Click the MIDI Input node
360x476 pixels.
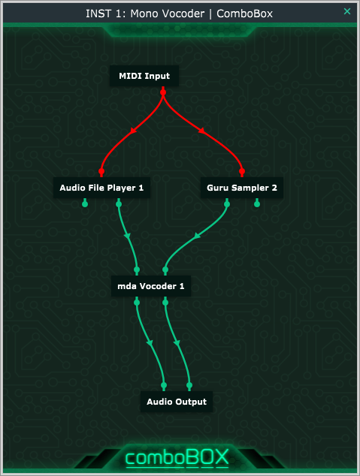click(144, 76)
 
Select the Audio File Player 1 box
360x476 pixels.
click(101, 188)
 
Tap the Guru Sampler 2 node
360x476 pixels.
click(242, 188)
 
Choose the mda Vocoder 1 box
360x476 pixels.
click(151, 286)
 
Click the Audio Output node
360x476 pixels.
click(177, 402)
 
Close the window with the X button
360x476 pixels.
click(347, 11)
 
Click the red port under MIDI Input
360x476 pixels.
click(163, 92)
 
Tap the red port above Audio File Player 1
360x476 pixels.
click(101, 171)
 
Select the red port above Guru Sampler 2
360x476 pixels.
click(242, 171)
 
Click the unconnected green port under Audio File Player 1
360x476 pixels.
click(85, 204)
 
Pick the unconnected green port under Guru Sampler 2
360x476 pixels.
click(257, 204)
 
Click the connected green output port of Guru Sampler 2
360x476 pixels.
click(227, 204)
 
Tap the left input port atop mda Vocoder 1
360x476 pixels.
click(137, 270)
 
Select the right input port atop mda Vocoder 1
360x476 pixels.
click(165, 270)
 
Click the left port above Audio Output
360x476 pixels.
click(164, 386)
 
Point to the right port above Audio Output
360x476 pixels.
click(189, 386)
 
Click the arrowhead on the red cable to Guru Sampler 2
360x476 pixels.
click(201, 131)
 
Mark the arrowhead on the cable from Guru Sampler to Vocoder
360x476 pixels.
click(198, 236)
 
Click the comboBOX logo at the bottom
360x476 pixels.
click(177, 457)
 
